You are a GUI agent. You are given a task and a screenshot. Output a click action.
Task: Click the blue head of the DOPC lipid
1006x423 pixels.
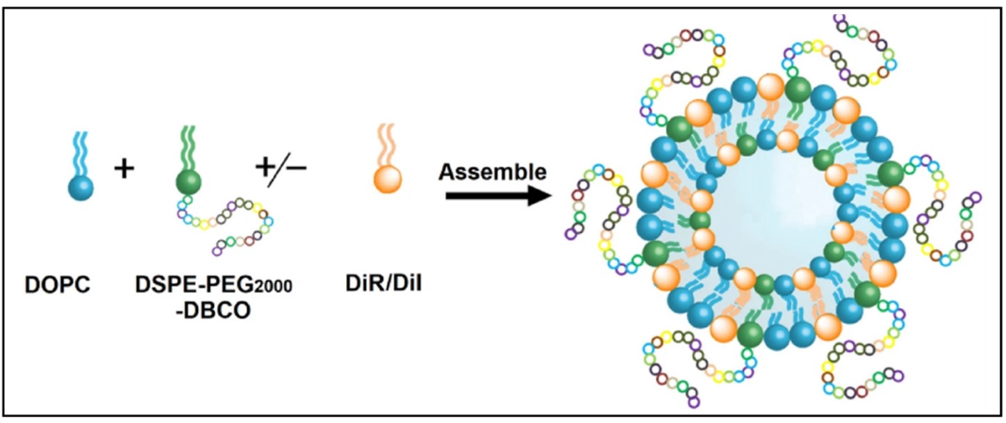click(81, 186)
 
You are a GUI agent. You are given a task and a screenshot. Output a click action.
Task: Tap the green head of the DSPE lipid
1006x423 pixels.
click(188, 182)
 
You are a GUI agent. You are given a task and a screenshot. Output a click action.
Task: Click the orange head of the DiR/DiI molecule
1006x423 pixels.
click(388, 181)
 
